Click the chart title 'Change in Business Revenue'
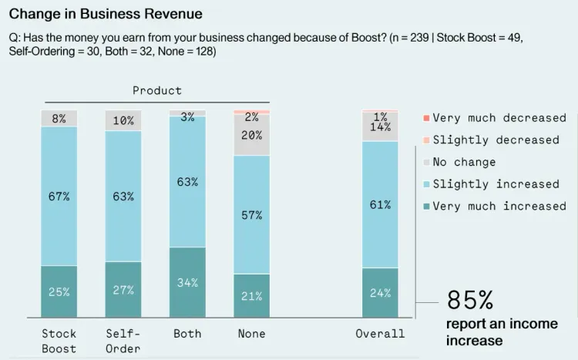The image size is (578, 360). click(106, 13)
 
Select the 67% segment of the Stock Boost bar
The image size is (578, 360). click(59, 196)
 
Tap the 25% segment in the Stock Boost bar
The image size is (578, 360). click(59, 291)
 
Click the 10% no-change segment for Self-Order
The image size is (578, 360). click(123, 121)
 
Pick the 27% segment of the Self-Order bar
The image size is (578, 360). click(123, 290)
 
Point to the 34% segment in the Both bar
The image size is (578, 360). click(187, 282)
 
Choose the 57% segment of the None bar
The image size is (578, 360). click(251, 214)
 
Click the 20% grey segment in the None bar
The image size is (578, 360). click(251, 135)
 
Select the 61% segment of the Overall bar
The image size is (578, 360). click(380, 204)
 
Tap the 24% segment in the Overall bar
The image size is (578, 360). click(380, 292)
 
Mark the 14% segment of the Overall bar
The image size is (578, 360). click(380, 127)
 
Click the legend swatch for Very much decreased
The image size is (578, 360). click(425, 118)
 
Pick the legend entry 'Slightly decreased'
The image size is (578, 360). click(496, 140)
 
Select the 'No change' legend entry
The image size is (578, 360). click(464, 162)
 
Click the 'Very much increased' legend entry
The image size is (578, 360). click(499, 206)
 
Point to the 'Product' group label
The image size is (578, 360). click(157, 90)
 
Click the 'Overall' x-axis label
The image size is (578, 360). click(380, 334)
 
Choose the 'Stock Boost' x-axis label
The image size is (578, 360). click(59, 341)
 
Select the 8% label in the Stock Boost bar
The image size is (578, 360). click(59, 119)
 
